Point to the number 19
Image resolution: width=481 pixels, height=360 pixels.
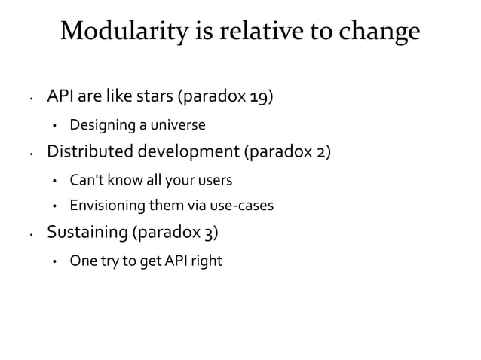pos(258,97)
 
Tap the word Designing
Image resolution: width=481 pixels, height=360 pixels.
pos(101,124)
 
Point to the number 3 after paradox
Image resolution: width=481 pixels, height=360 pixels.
pos(213,233)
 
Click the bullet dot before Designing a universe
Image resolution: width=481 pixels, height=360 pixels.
pos(54,125)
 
